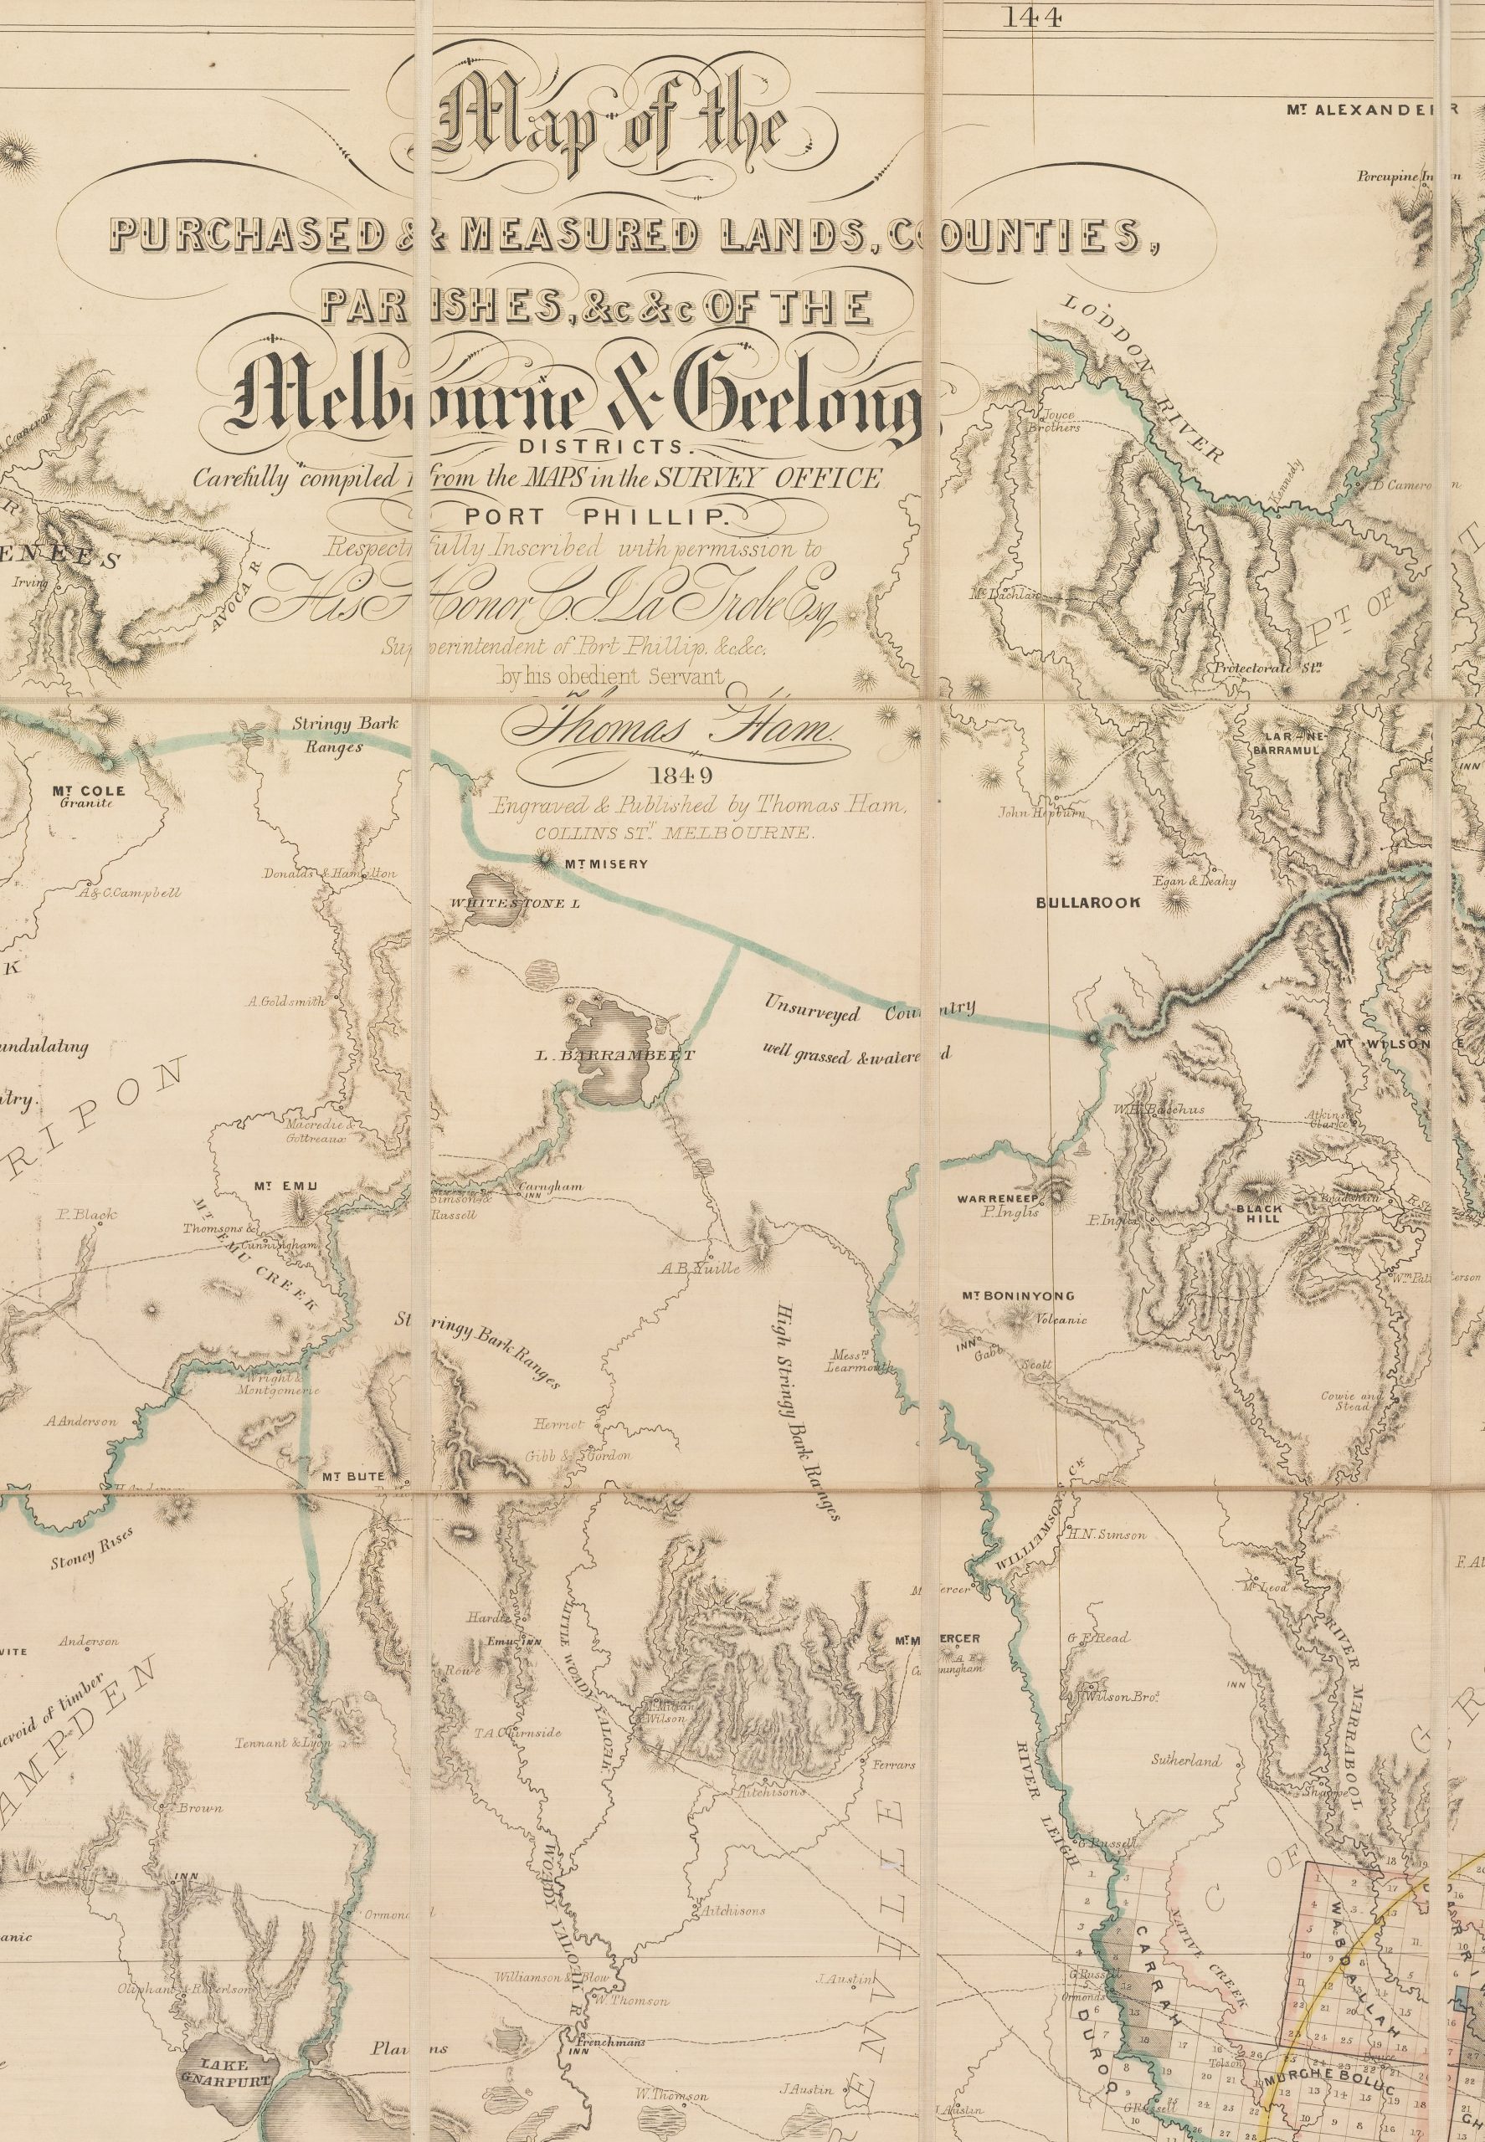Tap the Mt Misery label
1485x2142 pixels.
(x=604, y=864)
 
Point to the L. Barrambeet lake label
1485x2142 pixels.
(x=615, y=1055)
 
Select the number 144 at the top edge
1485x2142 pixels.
(x=1034, y=18)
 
